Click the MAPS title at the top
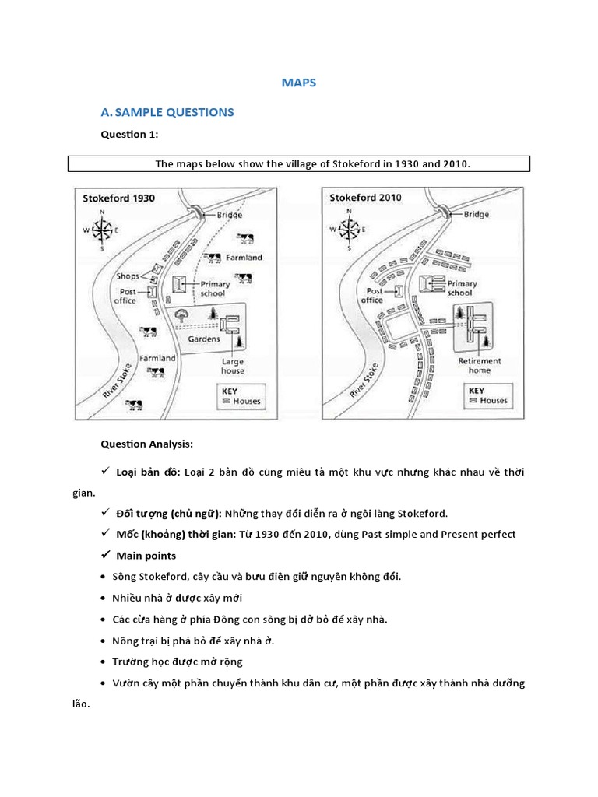point(299,82)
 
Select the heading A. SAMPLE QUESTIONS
point(167,112)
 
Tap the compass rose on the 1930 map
point(102,230)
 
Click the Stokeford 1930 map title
point(119,198)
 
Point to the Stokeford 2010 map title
point(365,198)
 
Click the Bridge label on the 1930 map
point(229,215)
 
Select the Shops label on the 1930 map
point(127,276)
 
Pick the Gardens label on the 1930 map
point(204,339)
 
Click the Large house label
point(232,366)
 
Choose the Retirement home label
point(480,366)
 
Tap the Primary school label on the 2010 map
point(461,288)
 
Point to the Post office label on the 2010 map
point(372,295)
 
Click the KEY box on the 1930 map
point(241,396)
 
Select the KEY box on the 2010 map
point(488,395)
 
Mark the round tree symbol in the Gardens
point(182,314)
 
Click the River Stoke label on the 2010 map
point(364,380)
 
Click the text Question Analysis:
point(146,444)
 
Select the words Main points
point(146,556)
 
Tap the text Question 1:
point(129,134)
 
